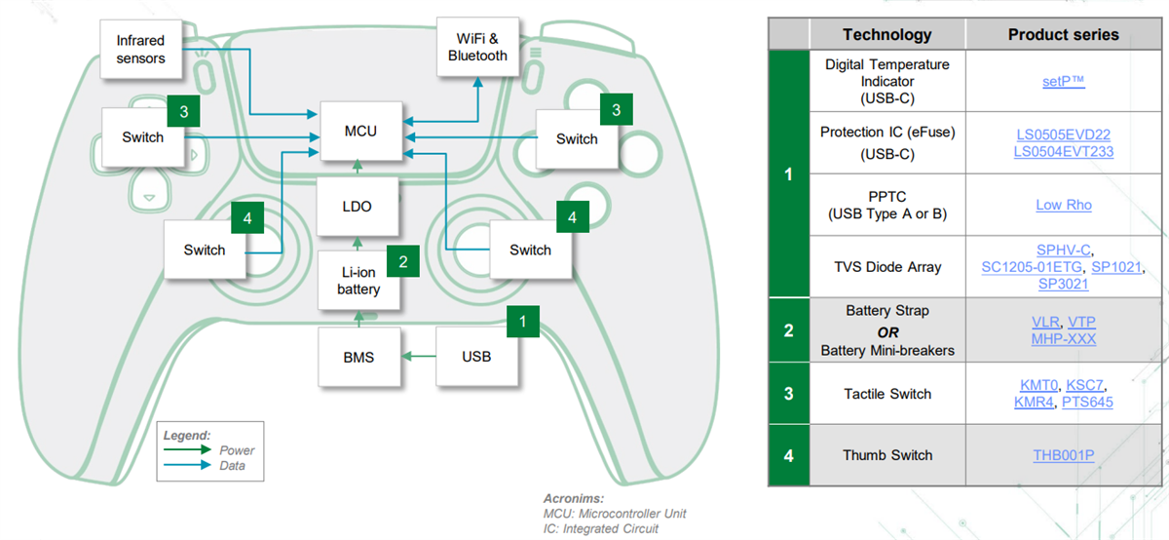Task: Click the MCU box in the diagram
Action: click(x=360, y=132)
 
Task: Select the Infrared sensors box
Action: click(x=140, y=50)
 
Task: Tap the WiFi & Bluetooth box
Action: click(x=477, y=48)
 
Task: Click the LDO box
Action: click(x=358, y=207)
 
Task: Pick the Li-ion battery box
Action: click(x=358, y=281)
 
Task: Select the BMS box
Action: click(x=358, y=357)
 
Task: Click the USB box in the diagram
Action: click(x=476, y=357)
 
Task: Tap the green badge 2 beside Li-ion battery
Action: click(x=403, y=261)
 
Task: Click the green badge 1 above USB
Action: click(x=523, y=320)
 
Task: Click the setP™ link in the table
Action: click(x=1063, y=82)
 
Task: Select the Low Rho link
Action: click(x=1063, y=205)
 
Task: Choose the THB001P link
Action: click(x=1063, y=455)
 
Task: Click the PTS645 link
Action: click(x=1086, y=402)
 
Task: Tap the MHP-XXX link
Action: click(x=1063, y=338)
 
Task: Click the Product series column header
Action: click(x=1063, y=35)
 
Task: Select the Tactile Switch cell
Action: click(x=886, y=394)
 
